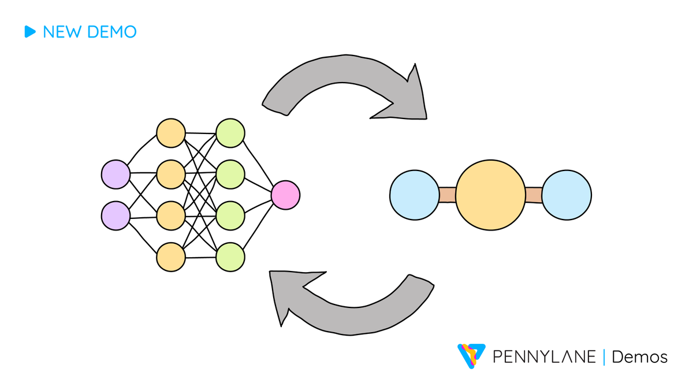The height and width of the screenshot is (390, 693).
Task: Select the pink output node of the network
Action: click(285, 195)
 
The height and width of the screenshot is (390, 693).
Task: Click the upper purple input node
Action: click(115, 173)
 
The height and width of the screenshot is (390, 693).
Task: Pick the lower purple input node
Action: click(115, 216)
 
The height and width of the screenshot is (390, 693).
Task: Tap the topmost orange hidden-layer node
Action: click(171, 133)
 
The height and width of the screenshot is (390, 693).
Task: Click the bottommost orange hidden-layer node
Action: click(171, 257)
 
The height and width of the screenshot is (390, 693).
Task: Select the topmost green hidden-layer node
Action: click(230, 133)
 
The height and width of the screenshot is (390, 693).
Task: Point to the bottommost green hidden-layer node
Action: click(230, 257)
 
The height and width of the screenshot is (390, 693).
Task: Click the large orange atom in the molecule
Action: click(491, 195)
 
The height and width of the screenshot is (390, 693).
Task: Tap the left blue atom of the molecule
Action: click(414, 195)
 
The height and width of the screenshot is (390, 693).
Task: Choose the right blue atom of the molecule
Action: click(567, 195)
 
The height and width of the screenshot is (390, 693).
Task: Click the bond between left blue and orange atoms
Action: click(447, 195)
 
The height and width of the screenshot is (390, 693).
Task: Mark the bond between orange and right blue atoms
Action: click(533, 195)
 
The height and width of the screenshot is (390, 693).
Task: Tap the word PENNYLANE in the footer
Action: click(544, 357)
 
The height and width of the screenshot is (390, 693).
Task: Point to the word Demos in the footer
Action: click(639, 357)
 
